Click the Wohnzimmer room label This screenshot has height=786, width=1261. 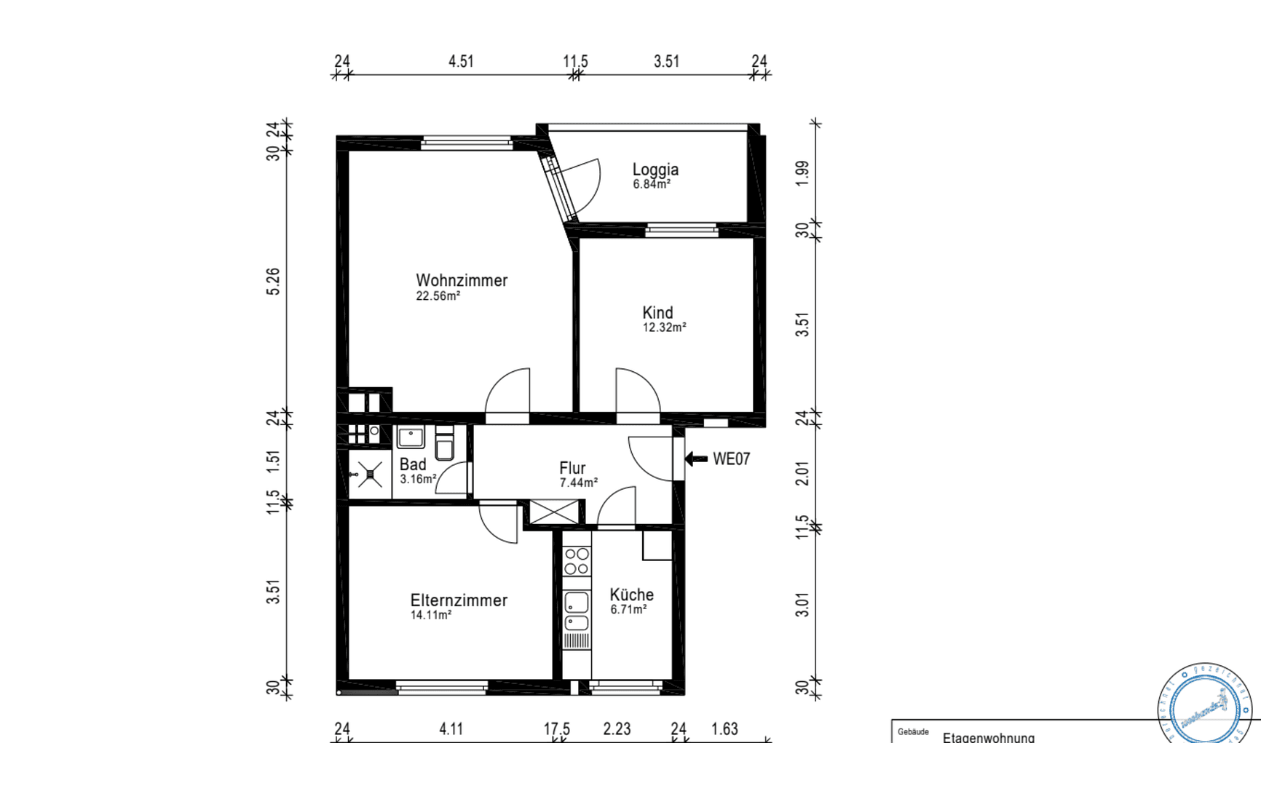462,280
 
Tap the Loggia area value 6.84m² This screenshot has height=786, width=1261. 652,185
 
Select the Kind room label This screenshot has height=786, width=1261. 657,312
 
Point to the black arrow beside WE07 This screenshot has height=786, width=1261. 696,458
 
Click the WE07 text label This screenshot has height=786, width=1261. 731,458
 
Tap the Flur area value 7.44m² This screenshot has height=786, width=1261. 578,483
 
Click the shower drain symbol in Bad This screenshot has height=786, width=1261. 371,475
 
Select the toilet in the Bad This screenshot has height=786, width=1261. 444,444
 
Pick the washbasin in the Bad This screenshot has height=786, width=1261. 411,437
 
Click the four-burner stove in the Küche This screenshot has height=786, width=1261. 577,561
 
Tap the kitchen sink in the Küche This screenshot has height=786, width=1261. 577,610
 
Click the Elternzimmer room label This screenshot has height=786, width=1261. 459,600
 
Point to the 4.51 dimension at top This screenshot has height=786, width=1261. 461,61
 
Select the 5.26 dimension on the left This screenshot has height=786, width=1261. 273,282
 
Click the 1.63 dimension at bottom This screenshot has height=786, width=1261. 724,729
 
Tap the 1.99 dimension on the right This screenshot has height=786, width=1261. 802,173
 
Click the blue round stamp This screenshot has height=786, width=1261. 1204,704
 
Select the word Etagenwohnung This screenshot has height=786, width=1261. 988,738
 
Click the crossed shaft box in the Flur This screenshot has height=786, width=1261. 554,512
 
